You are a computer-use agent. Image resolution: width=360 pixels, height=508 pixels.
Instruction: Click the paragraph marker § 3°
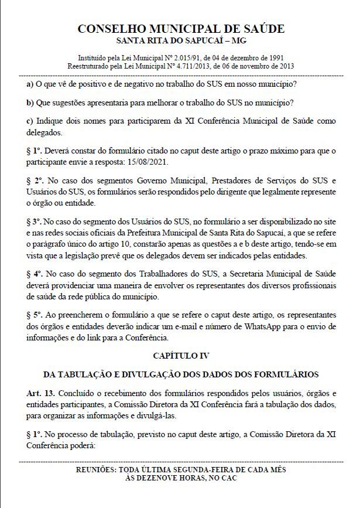click(x=36, y=223)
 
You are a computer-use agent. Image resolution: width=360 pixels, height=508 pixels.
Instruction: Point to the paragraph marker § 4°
click(x=36, y=274)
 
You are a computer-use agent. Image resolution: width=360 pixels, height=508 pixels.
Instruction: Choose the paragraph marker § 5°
click(x=36, y=316)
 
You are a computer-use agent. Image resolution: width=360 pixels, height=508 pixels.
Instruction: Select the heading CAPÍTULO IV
click(x=180, y=355)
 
